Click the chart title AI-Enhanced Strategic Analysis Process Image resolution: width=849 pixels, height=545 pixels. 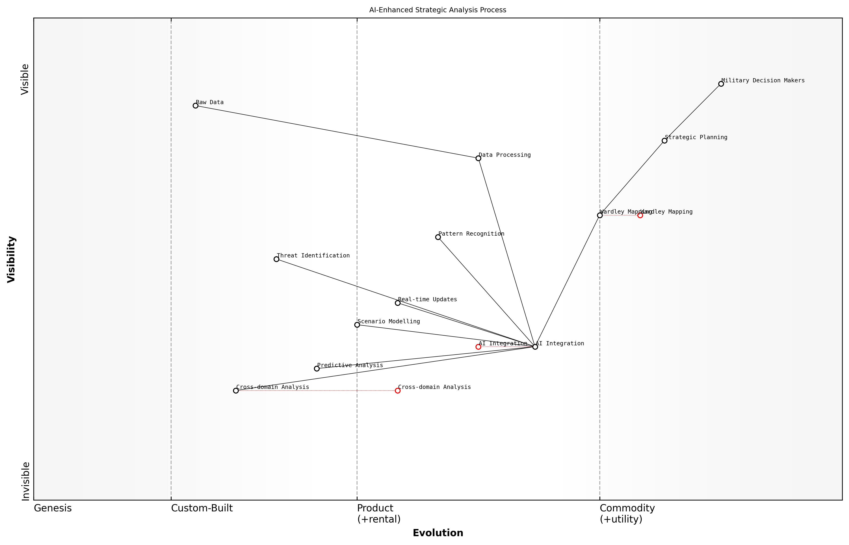pos(437,10)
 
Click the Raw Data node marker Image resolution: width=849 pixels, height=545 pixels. pos(195,106)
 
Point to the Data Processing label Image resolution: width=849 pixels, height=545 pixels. pos(504,155)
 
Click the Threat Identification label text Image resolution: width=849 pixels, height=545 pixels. pos(313,256)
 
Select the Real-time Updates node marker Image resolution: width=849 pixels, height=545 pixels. pos(398,303)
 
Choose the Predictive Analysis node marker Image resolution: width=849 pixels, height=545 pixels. pos(317,369)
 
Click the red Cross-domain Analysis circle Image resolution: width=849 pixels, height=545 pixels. pos(398,391)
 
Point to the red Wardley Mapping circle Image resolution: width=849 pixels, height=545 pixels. pos(640,215)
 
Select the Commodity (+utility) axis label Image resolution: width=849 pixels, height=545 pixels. pos(627,513)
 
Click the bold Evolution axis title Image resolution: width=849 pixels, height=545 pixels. pos(437,533)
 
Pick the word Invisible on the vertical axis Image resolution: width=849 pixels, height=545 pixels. pos(25,481)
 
